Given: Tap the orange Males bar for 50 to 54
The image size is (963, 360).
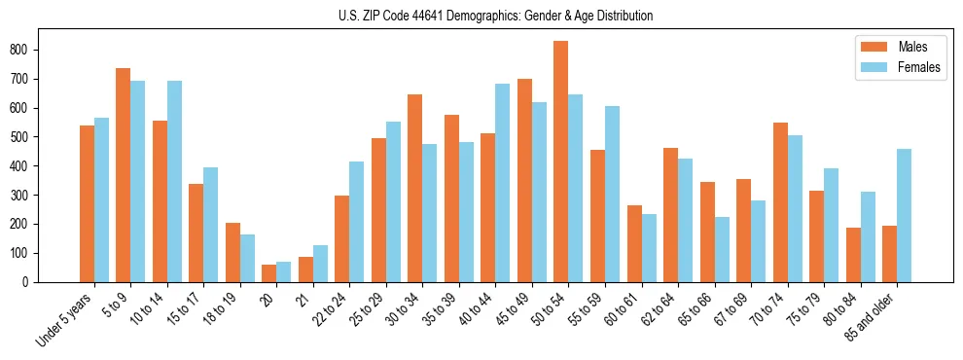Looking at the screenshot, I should (x=561, y=162).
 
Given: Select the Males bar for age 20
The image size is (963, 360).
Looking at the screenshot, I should (x=269, y=273).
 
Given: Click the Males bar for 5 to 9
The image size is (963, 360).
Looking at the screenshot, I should (x=124, y=175).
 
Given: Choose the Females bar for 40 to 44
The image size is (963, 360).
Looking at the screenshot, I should (x=503, y=183).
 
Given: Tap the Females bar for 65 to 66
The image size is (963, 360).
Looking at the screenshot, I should (x=722, y=250).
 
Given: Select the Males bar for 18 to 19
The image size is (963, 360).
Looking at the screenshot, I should (x=232, y=253).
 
